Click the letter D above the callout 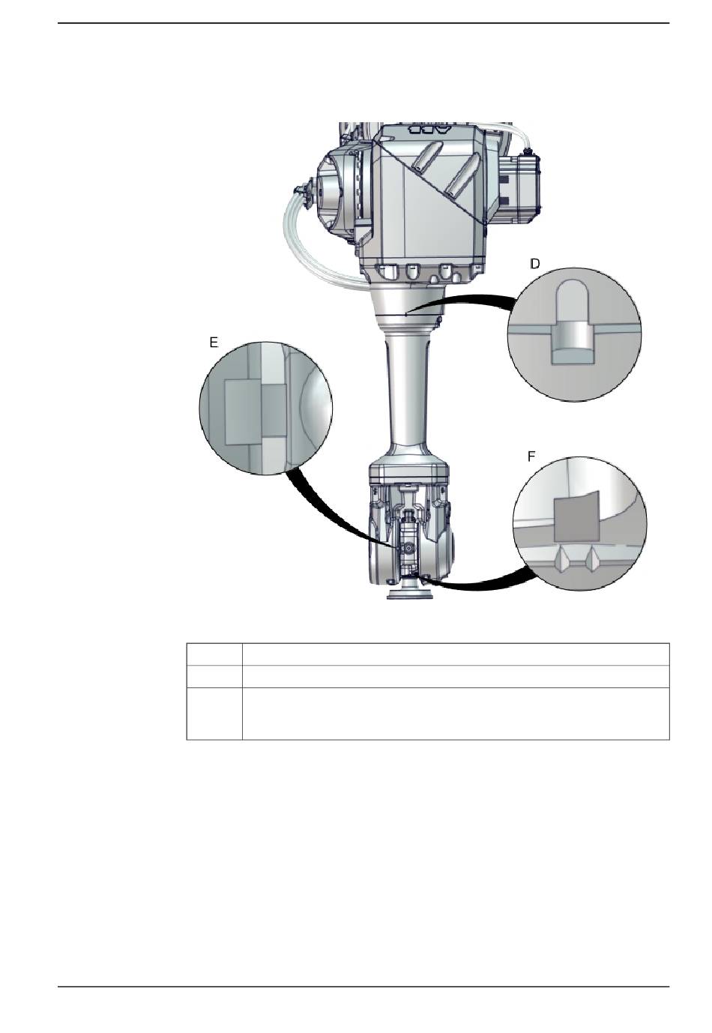(x=534, y=264)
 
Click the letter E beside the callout (x=214, y=342)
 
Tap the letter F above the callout (x=531, y=457)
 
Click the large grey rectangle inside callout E (x=243, y=412)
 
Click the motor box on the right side (x=519, y=187)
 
